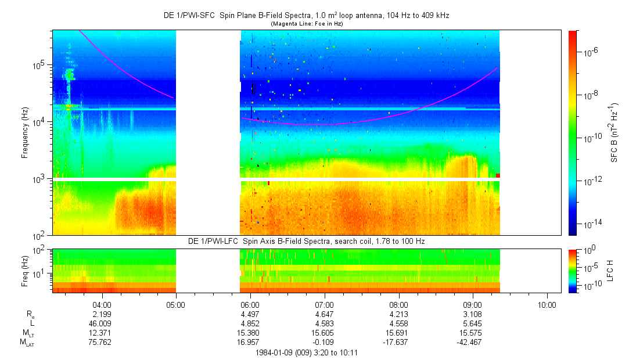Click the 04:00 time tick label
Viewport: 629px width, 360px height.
tap(102, 304)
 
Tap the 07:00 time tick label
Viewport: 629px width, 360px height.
tap(324, 304)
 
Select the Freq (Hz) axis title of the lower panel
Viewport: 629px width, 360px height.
tap(25, 269)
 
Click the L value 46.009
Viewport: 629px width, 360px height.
tap(102, 323)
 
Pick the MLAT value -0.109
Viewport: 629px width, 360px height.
tap(324, 342)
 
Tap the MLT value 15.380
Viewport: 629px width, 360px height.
tap(250, 333)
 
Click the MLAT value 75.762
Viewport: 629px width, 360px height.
tap(102, 342)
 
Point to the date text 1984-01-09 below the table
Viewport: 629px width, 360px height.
tap(275, 352)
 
